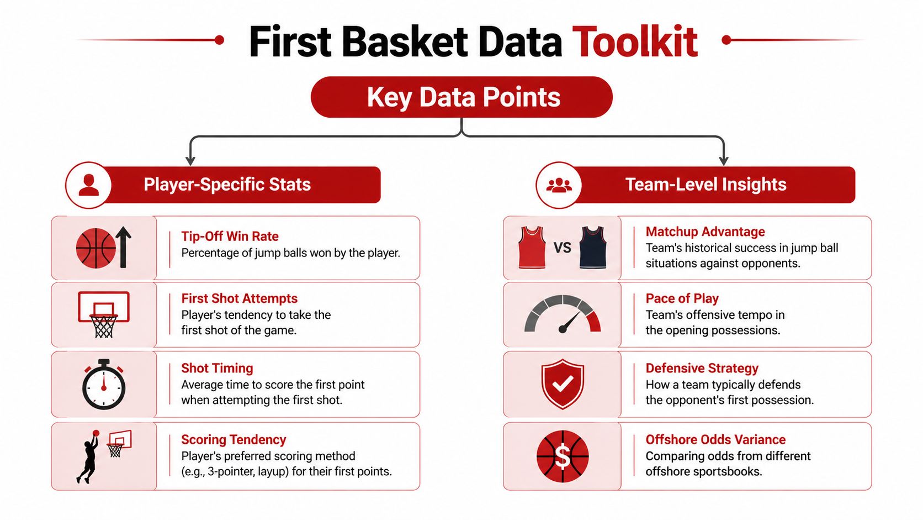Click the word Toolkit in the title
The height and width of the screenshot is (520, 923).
pyautogui.click(x=635, y=41)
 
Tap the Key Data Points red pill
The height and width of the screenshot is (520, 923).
pyautogui.click(x=462, y=97)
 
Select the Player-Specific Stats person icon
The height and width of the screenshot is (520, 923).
pyautogui.click(x=88, y=185)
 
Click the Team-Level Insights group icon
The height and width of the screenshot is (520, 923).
pyautogui.click(x=559, y=185)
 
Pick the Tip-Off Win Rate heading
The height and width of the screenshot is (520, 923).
pyautogui.click(x=230, y=236)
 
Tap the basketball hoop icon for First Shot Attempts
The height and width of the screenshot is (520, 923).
pyautogui.click(x=104, y=314)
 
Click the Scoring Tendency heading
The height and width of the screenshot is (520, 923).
pyautogui.click(x=234, y=439)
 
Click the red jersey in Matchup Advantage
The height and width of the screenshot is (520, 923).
pyautogui.click(x=532, y=247)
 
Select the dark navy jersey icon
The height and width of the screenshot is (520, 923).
pyautogui.click(x=593, y=247)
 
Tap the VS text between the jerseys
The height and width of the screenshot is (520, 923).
pyautogui.click(x=562, y=248)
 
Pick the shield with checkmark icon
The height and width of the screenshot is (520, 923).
pyautogui.click(x=562, y=384)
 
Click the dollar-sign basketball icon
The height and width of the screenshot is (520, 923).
pyautogui.click(x=562, y=456)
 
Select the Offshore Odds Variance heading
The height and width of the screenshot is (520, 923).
pyautogui.click(x=715, y=439)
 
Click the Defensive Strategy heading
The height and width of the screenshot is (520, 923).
pyautogui.click(x=702, y=368)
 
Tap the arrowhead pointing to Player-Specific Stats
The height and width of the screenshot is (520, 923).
pyautogui.click(x=190, y=161)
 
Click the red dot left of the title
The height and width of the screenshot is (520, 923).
pyautogui.click(x=219, y=40)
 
